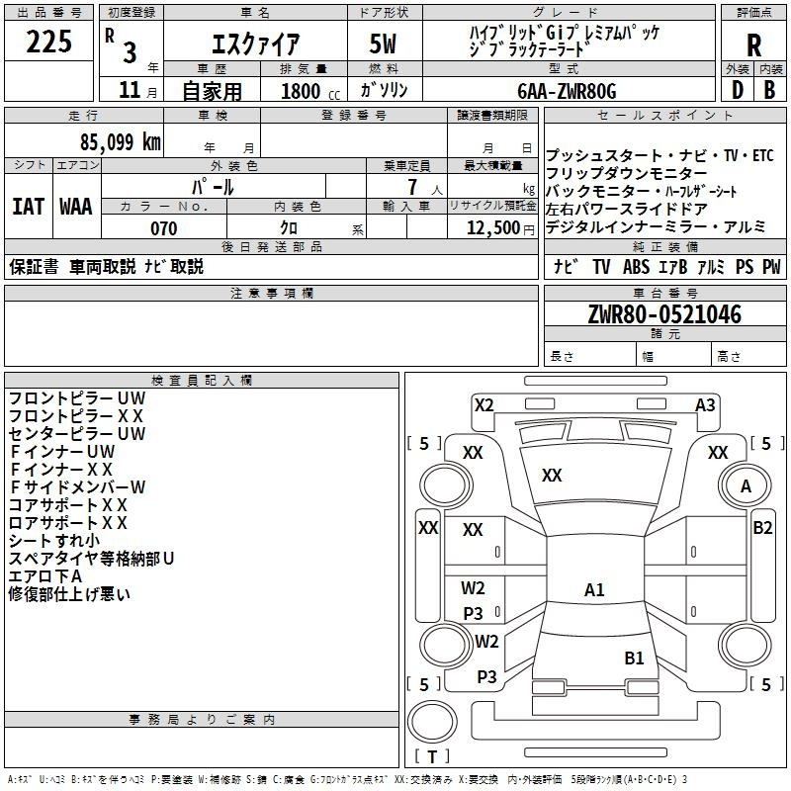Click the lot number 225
49,43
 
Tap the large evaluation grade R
753,44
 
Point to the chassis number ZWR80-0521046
664,315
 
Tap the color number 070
163,228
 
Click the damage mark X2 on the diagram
483,404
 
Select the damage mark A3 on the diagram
705,404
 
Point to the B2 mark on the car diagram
762,527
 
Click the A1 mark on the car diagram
594,590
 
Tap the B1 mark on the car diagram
634,658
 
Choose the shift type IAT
28,207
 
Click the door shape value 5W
384,44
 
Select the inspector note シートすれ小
54,541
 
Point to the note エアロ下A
45,576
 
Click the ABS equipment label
638,266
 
